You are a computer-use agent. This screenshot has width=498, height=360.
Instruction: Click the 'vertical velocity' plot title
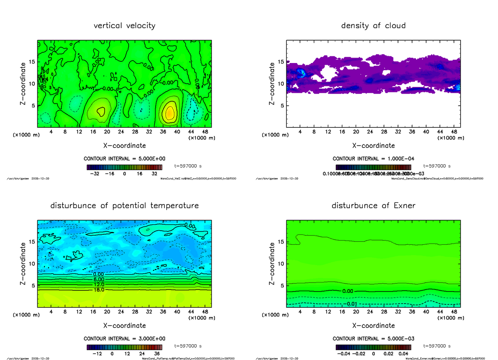pyautogui.click(x=124, y=26)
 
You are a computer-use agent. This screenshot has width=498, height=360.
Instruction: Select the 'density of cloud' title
pyautogui.click(x=373, y=26)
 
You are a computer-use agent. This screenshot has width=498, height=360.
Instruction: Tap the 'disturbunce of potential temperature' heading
pyautogui.click(x=124, y=206)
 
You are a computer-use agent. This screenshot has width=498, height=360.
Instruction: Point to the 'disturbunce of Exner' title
pyautogui.click(x=373, y=206)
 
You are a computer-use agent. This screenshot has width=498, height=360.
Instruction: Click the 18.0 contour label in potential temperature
pyautogui.click(x=98, y=290)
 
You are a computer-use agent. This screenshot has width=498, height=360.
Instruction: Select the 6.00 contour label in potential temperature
pyautogui.click(x=98, y=280)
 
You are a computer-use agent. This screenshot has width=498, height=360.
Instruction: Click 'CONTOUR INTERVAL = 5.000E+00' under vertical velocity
pyautogui.click(x=124, y=158)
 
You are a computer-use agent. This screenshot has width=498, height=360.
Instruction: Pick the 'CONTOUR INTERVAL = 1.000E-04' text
pyautogui.click(x=373, y=158)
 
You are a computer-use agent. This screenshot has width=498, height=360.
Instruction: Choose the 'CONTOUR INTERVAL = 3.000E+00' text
pyautogui.click(x=124, y=338)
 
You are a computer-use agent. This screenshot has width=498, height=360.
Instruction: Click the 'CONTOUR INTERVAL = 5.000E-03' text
pyautogui.click(x=373, y=338)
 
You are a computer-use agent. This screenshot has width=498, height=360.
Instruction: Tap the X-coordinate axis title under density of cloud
pyautogui.click(x=373, y=146)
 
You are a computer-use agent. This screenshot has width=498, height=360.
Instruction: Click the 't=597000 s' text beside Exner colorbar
pyautogui.click(x=437, y=346)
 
